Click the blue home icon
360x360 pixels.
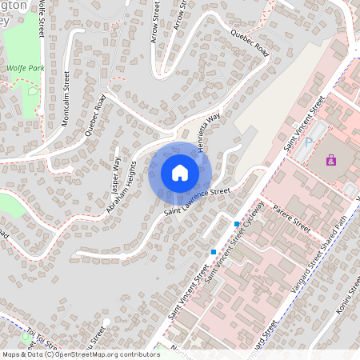pyautogui.click(x=180, y=172)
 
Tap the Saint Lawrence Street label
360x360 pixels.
pyautogui.click(x=198, y=202)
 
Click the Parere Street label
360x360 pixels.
pyautogui.click(x=290, y=217)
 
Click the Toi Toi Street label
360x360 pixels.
pyautogui.click(x=40, y=339)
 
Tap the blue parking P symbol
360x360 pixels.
pyautogui.click(x=309, y=143)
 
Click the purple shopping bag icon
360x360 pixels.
pyautogui.click(x=330, y=161)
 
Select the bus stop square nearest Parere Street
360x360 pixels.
pyautogui.click(x=237, y=223)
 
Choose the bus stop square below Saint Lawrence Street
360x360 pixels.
pyautogui.click(x=214, y=251)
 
